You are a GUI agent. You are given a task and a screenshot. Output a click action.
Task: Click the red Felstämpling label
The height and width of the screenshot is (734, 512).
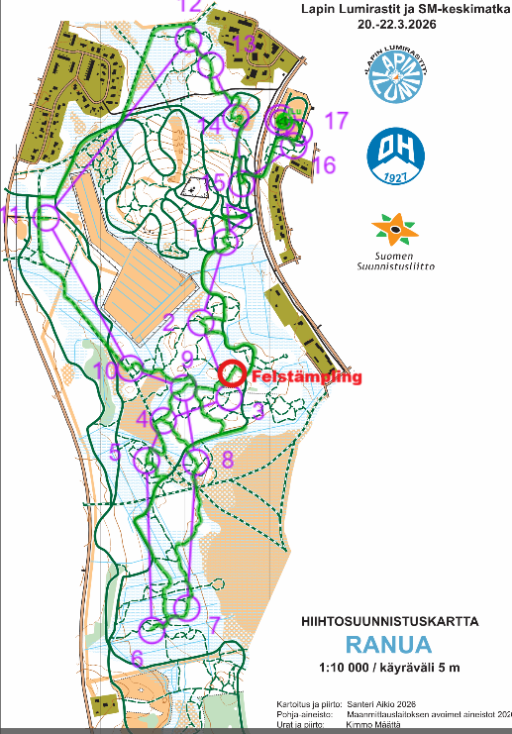(307, 377)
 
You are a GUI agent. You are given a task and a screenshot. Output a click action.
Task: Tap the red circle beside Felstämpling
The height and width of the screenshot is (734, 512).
(232, 373)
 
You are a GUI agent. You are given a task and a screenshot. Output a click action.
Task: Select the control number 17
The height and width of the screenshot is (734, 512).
(337, 121)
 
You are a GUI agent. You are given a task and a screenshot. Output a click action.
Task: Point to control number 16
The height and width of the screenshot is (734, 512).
(324, 164)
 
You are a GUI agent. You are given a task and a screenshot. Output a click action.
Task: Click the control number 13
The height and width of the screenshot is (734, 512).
(243, 44)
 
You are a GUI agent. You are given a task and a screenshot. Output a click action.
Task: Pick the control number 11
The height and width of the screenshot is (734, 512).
(11, 215)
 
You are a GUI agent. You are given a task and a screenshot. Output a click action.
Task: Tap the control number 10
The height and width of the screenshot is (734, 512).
(106, 370)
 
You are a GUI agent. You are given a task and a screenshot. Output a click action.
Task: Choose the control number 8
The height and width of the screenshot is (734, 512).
(227, 459)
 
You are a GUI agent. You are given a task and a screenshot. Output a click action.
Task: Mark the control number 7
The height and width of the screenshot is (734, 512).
(212, 625)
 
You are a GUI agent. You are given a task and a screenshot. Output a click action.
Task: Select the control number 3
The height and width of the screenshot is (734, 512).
(257, 409)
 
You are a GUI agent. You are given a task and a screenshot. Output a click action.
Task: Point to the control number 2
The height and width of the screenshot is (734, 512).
(168, 319)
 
